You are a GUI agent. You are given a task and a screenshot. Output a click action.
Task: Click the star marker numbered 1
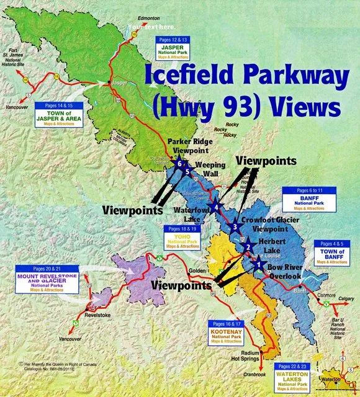click(x=259, y=265)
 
